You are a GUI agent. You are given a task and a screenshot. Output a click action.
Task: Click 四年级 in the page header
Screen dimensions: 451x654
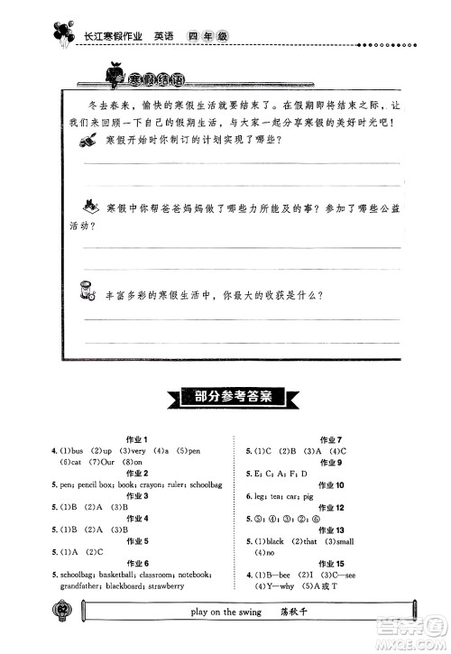click(x=207, y=37)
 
